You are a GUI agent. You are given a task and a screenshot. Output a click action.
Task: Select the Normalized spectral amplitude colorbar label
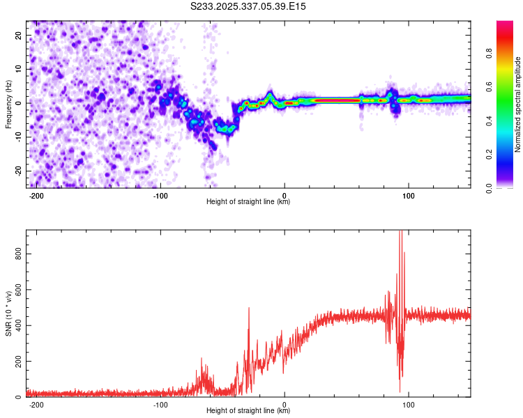pos(518,104)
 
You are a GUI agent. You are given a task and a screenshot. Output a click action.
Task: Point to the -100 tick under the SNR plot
pos(161,404)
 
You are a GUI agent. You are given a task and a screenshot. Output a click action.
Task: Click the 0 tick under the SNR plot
pos(285,404)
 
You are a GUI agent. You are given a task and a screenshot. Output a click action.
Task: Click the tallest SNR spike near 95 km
pos(400,233)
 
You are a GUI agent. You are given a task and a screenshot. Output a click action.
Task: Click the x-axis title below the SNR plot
pos(248,411)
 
